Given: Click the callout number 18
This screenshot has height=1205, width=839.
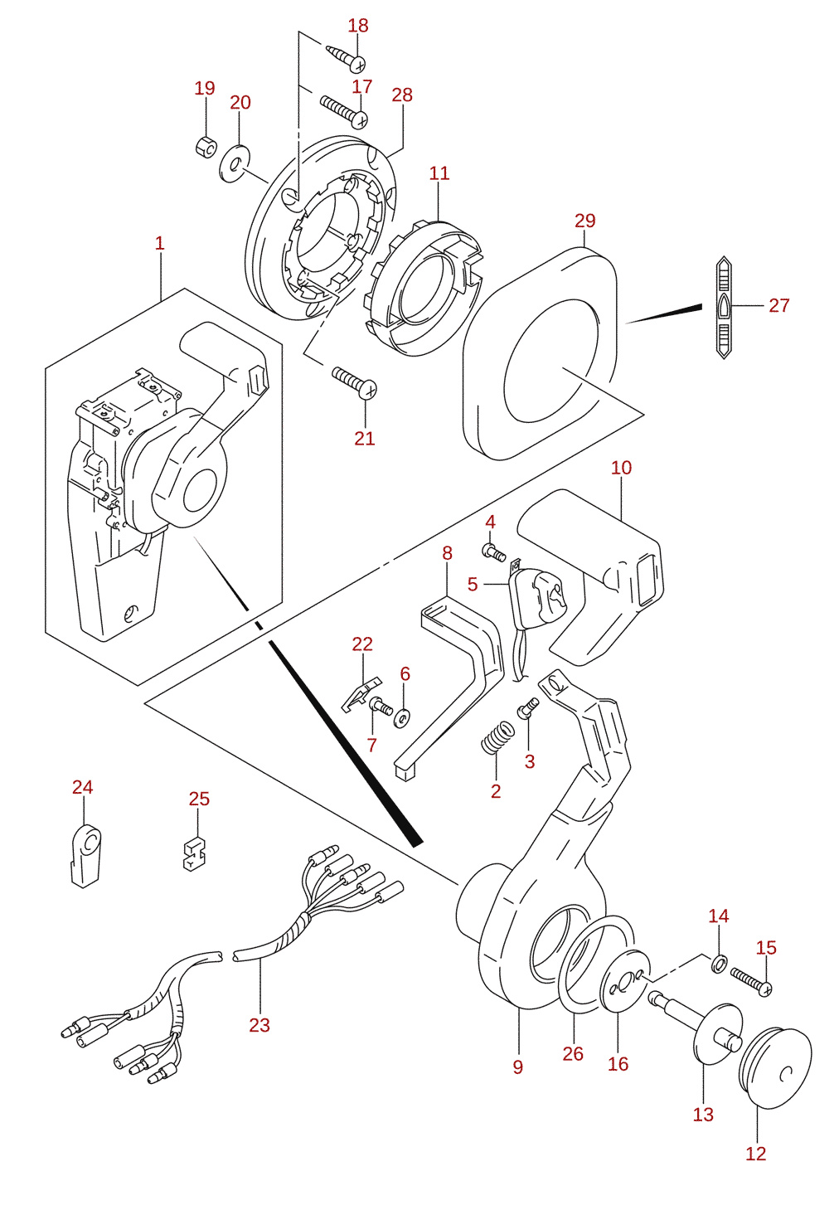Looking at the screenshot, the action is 358,25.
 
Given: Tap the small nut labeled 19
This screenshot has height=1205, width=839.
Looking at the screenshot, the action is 205,145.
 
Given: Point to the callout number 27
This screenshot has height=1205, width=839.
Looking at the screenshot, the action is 778,305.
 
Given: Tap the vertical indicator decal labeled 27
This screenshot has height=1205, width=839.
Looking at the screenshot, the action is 724,308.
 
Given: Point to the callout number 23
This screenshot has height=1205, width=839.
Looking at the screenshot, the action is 259,1025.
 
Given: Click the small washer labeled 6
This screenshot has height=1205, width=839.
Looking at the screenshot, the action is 402,717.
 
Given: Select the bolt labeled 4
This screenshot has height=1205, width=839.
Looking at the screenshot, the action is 494,551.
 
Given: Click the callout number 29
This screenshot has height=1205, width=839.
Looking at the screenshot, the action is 585,221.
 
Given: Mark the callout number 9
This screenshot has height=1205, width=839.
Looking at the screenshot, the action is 517,1077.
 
